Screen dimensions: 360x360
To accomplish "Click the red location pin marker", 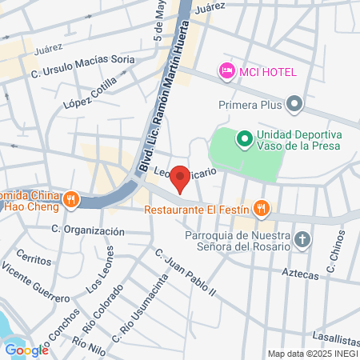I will click(181, 178).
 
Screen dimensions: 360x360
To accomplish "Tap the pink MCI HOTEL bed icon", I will click(226, 72).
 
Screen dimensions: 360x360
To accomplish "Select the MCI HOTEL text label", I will click(267, 72).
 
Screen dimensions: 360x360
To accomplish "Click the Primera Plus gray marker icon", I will click(295, 103).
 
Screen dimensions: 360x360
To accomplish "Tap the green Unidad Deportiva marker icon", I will click(243, 140).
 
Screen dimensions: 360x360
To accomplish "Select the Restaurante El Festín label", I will click(198, 211).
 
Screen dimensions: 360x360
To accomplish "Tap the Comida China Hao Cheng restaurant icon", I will click(71, 199).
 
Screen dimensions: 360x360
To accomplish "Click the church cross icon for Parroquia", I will click(302, 239).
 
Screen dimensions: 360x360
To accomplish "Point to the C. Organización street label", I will click(88, 230).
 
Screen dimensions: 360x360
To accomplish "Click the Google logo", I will click(26, 350).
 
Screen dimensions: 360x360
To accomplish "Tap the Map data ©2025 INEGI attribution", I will click(313, 354).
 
